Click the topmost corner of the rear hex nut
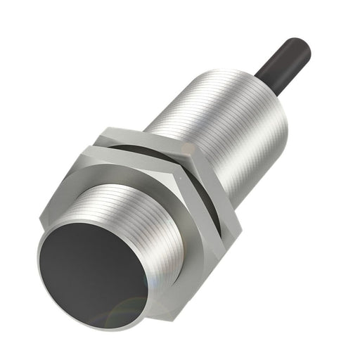pyautogui.click(x=105, y=129)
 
